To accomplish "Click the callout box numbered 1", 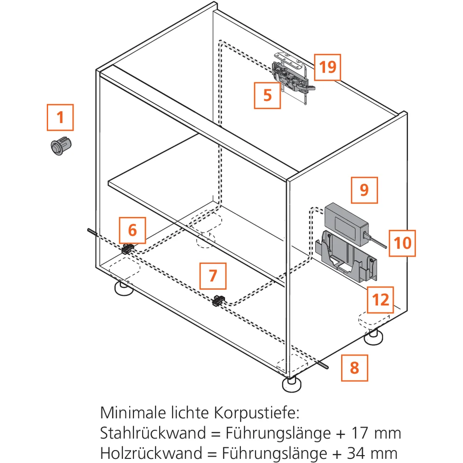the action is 60,117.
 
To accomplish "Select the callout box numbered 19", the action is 327,67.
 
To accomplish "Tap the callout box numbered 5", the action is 267,95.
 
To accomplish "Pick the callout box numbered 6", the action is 132,230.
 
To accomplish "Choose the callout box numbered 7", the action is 213,276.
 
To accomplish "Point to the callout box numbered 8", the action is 355,368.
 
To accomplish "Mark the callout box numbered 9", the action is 364,190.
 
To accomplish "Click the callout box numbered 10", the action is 402,243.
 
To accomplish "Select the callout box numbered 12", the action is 380,300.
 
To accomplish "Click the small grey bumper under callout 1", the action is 61,145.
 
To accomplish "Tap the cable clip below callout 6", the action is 128,249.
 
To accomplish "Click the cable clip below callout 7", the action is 219,300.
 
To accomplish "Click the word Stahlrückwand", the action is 153,433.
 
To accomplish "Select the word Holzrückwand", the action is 151,453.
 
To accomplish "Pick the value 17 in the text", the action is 359,433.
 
